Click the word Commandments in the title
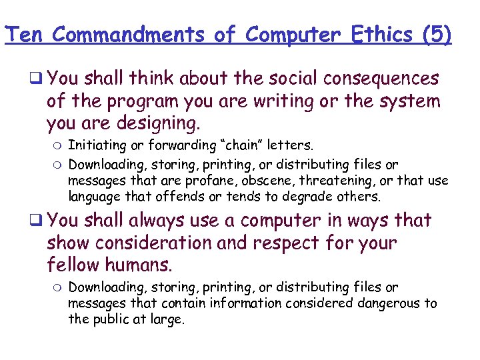(129, 35)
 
